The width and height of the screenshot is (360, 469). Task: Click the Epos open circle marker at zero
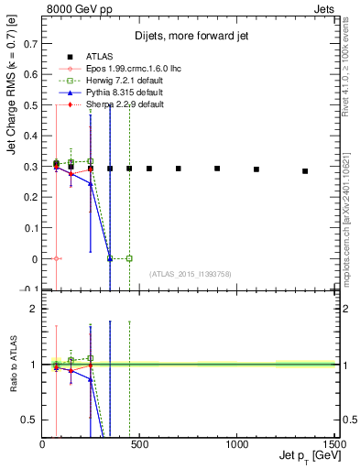[x=57, y=259]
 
